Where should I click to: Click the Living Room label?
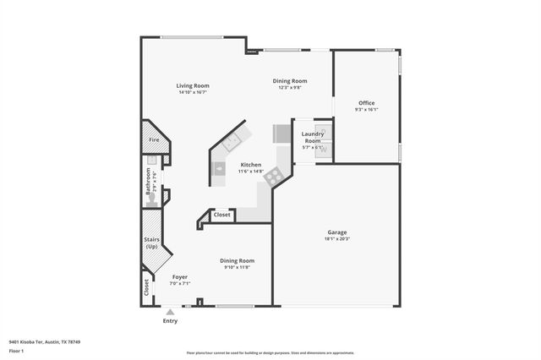[x=193, y=85]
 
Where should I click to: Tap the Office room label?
[x=366, y=103]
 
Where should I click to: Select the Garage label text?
[x=337, y=232]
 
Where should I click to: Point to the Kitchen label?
[x=251, y=165]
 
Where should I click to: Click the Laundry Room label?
[x=313, y=137]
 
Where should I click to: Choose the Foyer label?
[x=180, y=277]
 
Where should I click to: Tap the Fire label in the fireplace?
[x=154, y=139]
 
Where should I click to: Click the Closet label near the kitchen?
[x=221, y=215]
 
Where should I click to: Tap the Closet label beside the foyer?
[x=146, y=286]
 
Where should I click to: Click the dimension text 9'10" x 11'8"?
[x=237, y=268]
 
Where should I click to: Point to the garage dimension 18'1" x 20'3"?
[x=337, y=239]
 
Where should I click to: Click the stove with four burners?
[x=273, y=177]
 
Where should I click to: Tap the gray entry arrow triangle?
[x=170, y=312]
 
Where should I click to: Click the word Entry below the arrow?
[x=170, y=321]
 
